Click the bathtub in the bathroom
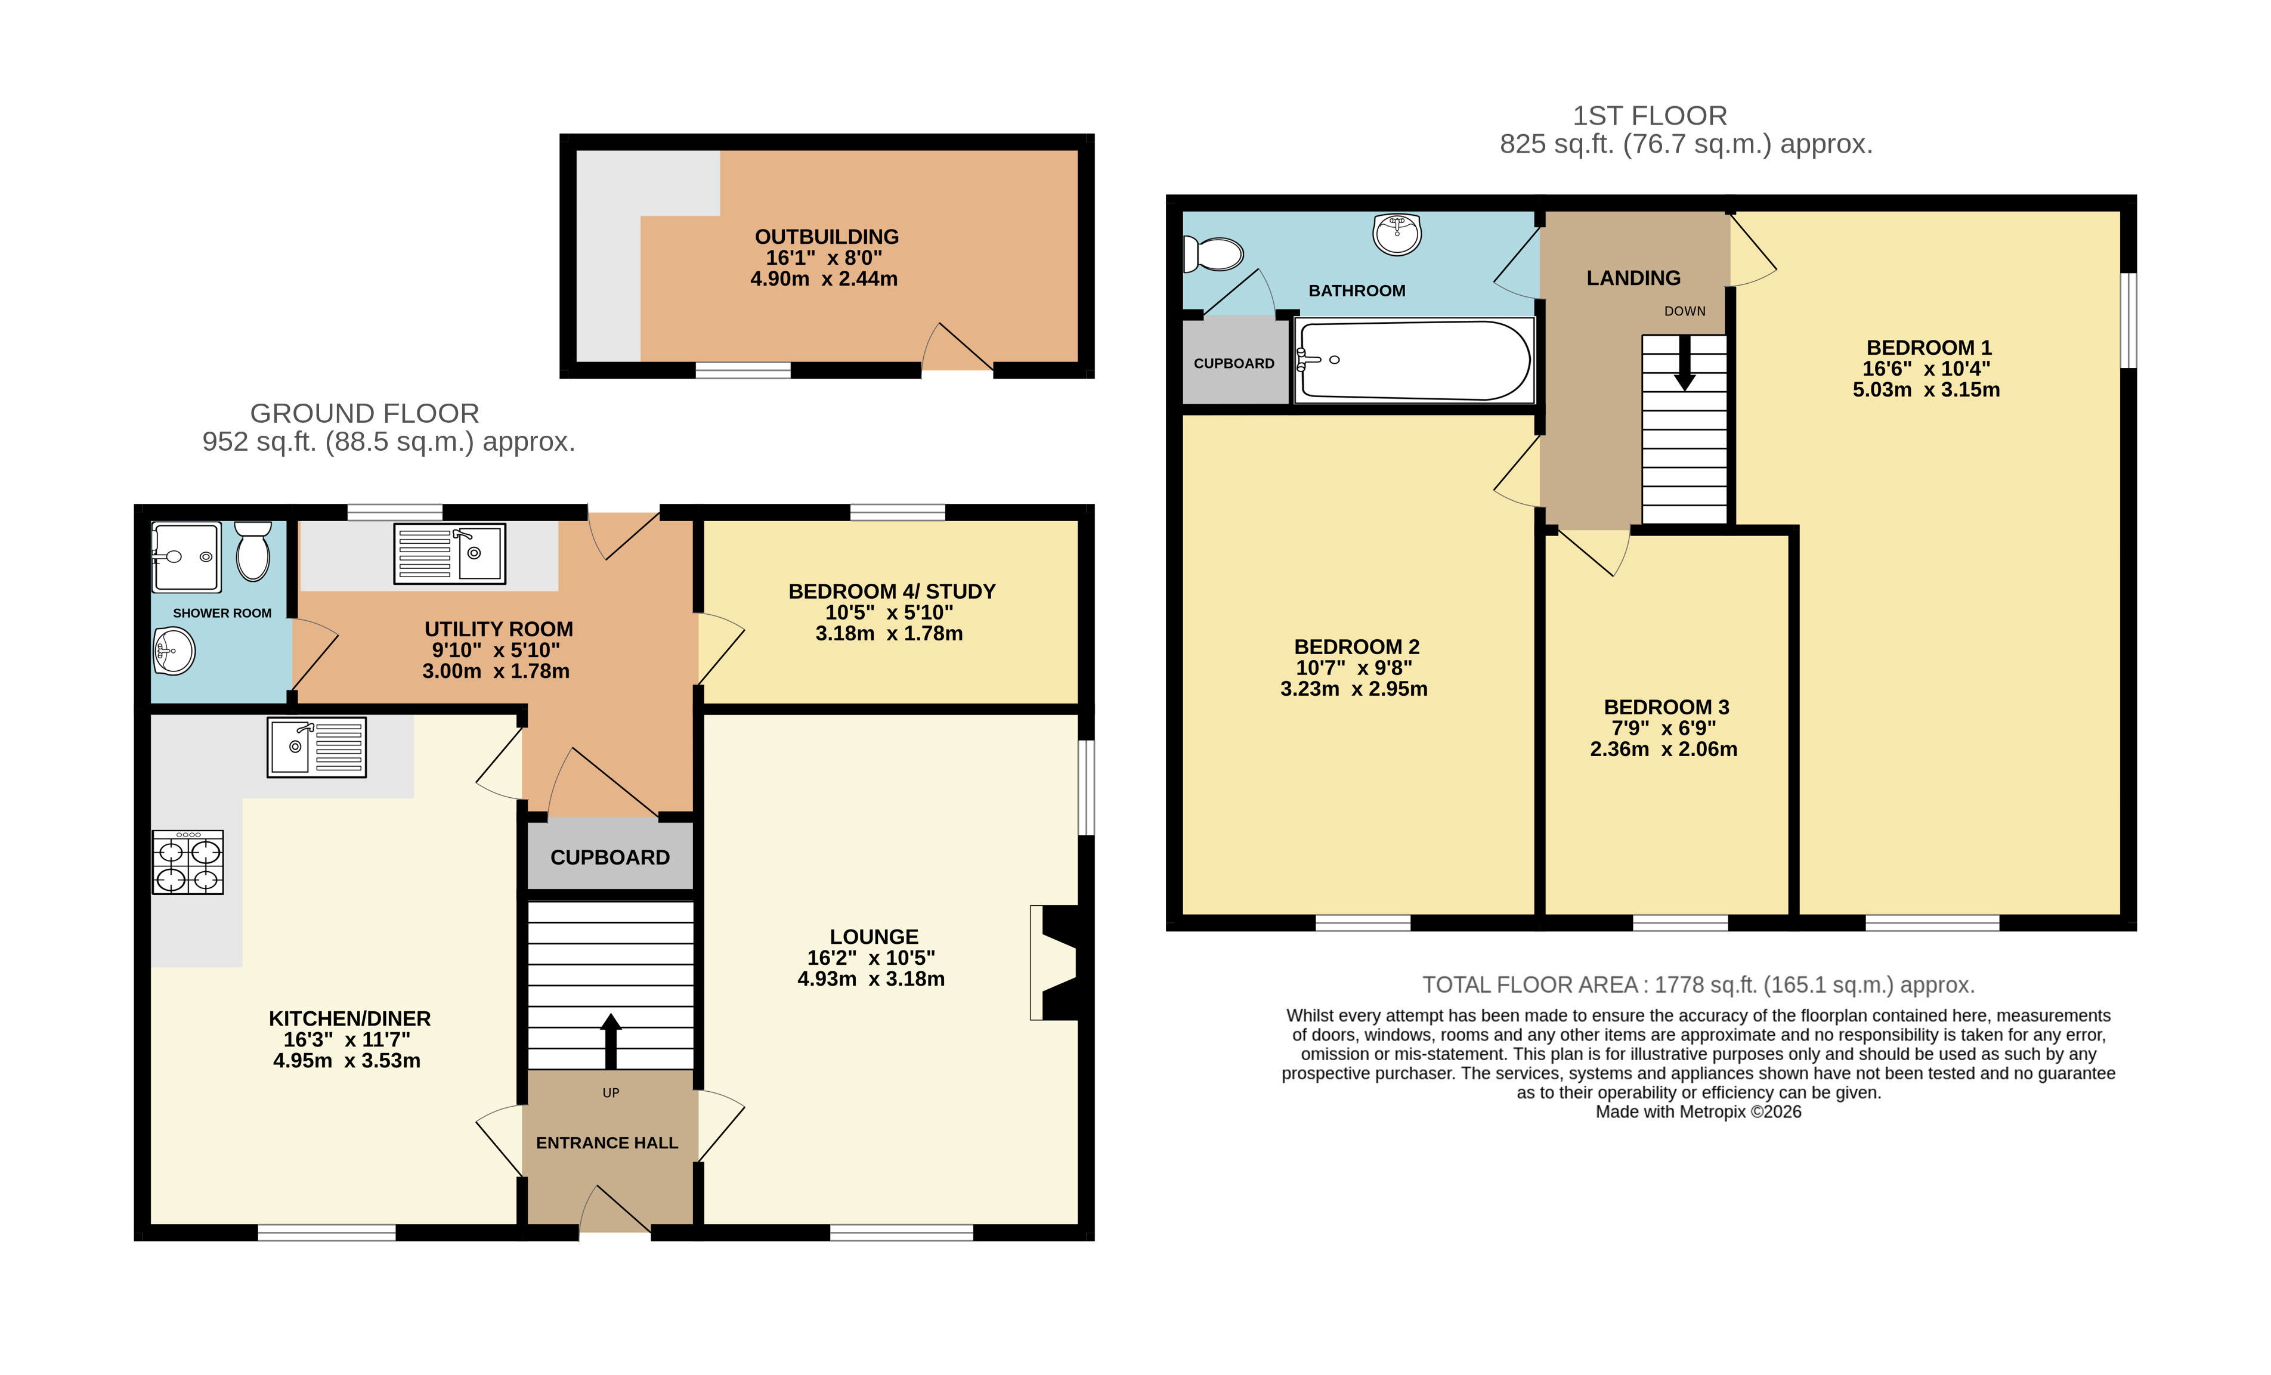pyautogui.click(x=1414, y=360)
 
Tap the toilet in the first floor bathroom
pyautogui.click(x=1213, y=253)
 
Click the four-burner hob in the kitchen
pyautogui.click(x=188, y=863)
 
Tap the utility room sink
pyautogui.click(x=450, y=554)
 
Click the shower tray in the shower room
pyautogui.click(x=186, y=558)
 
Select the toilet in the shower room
pyautogui.click(x=252, y=551)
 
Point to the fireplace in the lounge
pyautogui.click(x=1056, y=963)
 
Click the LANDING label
pyautogui.click(x=1633, y=278)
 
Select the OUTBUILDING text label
pyautogui.click(x=827, y=237)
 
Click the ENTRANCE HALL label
pyautogui.click(x=607, y=1143)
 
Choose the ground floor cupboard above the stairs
pyautogui.click(x=610, y=856)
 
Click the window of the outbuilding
pyautogui.click(x=743, y=370)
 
